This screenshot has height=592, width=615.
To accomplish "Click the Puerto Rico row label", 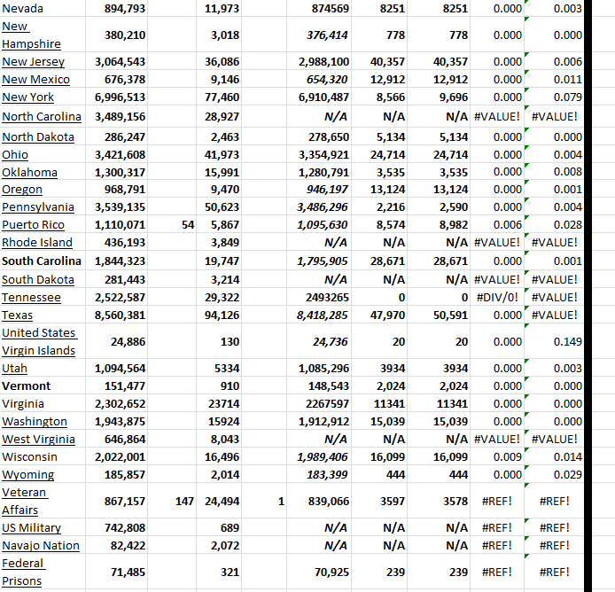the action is pyautogui.click(x=33, y=225).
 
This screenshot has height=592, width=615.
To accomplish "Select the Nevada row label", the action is pyautogui.click(x=22, y=8).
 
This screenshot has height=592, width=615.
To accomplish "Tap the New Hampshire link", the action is pyautogui.click(x=31, y=35).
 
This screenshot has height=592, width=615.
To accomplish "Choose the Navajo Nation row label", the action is pyautogui.click(x=41, y=546).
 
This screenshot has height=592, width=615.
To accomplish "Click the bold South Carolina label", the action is pyautogui.click(x=42, y=261).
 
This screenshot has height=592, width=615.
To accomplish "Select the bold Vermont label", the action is pyautogui.click(x=27, y=386).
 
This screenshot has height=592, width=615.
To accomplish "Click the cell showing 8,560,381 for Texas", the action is pyautogui.click(x=120, y=315).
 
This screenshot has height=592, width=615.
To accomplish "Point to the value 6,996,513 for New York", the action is pyautogui.click(x=120, y=97).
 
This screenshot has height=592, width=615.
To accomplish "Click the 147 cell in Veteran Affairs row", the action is pyautogui.click(x=184, y=502).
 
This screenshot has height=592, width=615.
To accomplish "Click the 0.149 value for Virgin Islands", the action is pyautogui.click(x=566, y=341).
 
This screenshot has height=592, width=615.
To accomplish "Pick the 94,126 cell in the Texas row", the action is pyautogui.click(x=222, y=315).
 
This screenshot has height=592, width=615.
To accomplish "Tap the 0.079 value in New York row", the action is pyautogui.click(x=566, y=97).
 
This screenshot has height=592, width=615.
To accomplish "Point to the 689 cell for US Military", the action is pyautogui.click(x=228, y=528).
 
